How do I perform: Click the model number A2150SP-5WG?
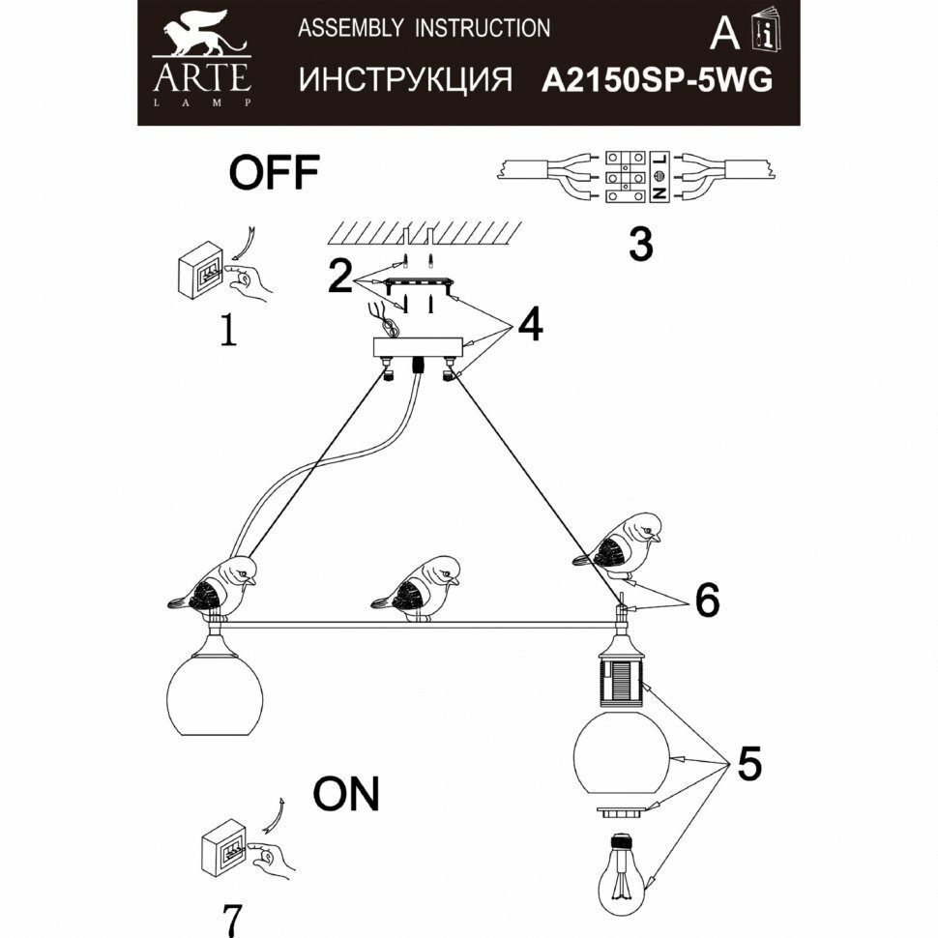click(x=658, y=81)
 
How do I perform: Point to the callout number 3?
click(x=640, y=246)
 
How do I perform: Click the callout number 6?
click(x=707, y=601)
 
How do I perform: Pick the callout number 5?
click(x=747, y=765)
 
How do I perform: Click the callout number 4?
click(x=529, y=326)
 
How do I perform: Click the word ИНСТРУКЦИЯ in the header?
click(x=405, y=80)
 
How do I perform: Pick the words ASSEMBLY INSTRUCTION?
click(x=425, y=28)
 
